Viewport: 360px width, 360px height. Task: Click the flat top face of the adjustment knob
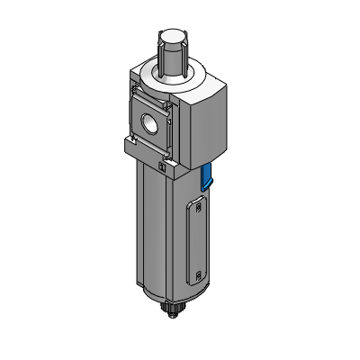[x=173, y=38]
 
